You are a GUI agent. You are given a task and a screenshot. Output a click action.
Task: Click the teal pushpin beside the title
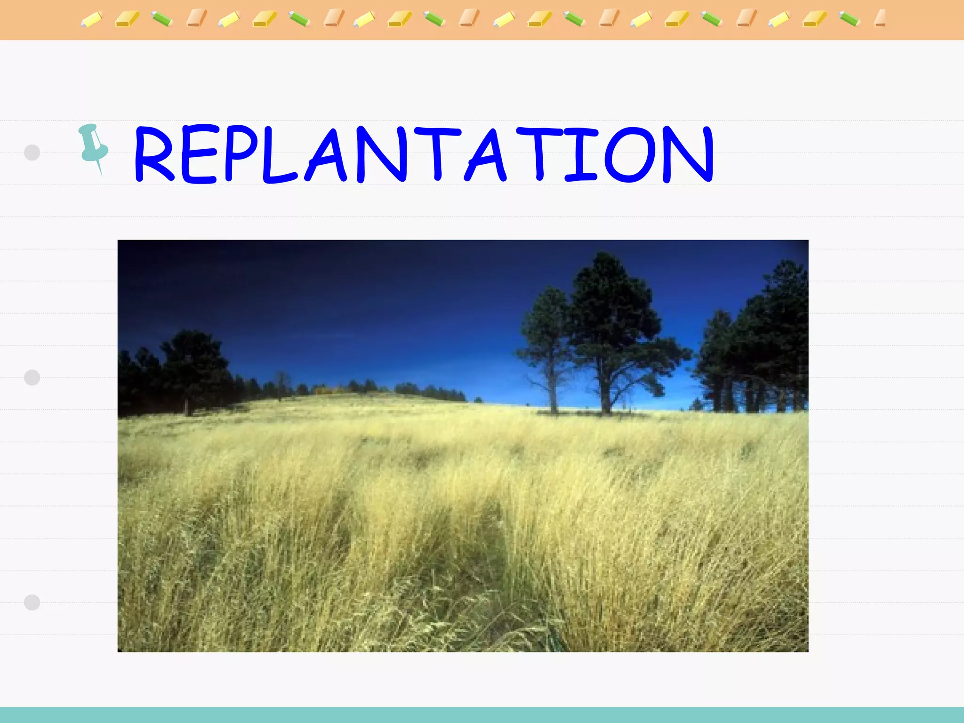tap(94, 146)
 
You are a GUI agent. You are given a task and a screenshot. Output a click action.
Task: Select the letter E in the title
tap(198, 154)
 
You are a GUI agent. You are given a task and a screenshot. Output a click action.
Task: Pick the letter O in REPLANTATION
tap(630, 154)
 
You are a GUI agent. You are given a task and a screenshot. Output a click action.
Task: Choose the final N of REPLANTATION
tap(688, 154)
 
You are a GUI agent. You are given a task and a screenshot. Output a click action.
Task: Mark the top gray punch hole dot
tap(32, 153)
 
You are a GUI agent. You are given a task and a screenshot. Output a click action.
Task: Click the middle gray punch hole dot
tap(32, 378)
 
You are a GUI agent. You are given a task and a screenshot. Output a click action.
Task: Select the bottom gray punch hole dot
tap(32, 602)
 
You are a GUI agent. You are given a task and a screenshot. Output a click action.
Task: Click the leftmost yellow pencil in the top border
tap(91, 20)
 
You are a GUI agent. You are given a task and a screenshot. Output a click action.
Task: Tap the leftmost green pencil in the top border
tap(162, 19)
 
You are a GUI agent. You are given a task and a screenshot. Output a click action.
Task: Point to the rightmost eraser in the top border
tap(880, 18)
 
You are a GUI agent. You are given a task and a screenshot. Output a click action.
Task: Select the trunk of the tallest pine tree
tap(605, 395)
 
